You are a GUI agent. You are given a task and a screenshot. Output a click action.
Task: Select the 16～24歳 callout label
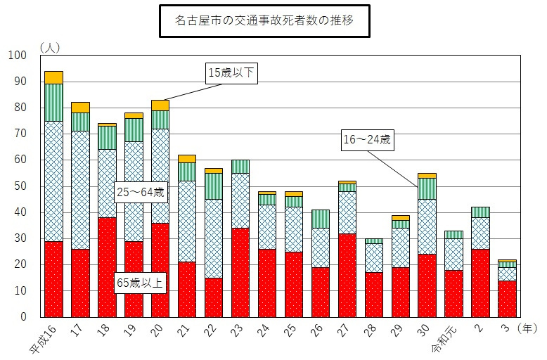(367, 140)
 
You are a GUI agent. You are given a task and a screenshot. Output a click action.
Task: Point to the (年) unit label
(529, 328)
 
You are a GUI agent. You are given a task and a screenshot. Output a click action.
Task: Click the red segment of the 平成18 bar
(107, 267)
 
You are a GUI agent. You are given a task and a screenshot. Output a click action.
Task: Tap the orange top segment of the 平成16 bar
(53, 77)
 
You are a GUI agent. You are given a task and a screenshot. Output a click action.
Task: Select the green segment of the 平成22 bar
(214, 186)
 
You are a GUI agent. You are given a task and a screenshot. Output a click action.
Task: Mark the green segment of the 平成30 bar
(427, 188)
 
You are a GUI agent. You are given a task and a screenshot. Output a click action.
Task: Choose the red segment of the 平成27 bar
(347, 275)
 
